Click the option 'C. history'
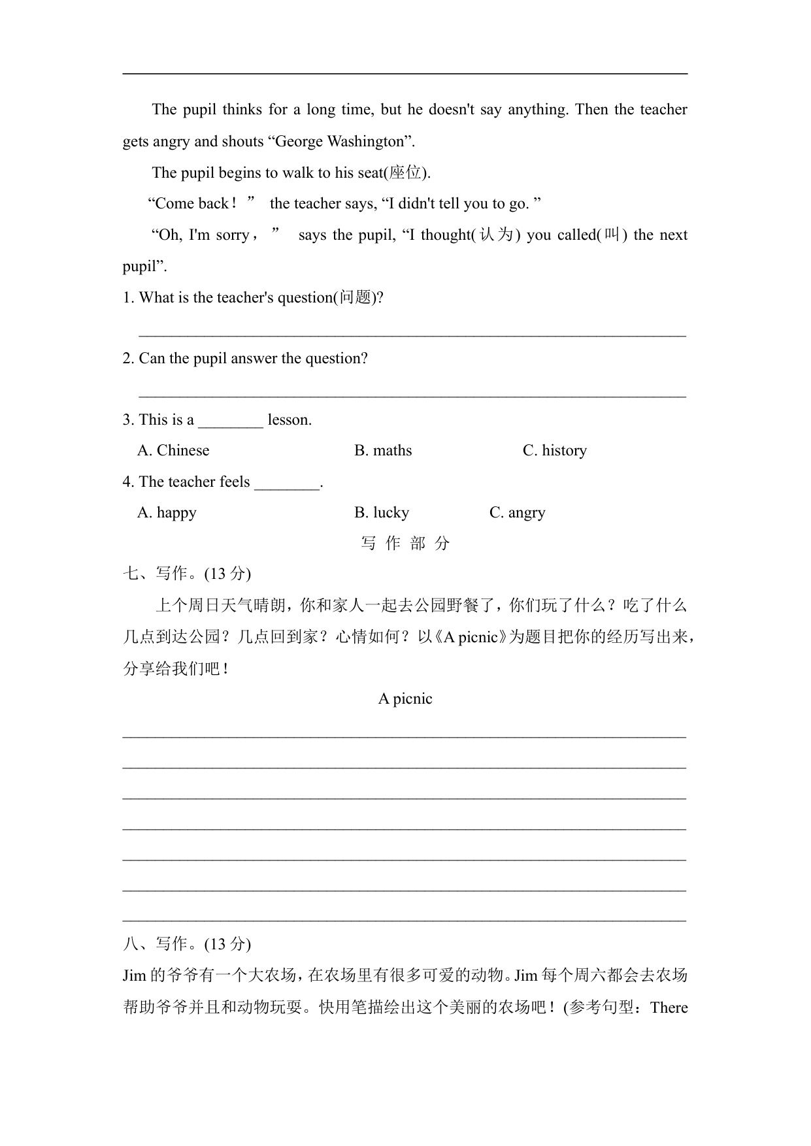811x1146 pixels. click(x=554, y=451)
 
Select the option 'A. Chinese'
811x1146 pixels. click(x=173, y=451)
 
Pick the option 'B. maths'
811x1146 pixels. click(x=383, y=451)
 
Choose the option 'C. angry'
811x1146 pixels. click(x=517, y=513)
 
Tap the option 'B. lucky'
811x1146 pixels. click(x=382, y=513)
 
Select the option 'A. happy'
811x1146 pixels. click(x=167, y=513)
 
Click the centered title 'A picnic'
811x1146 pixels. click(x=405, y=699)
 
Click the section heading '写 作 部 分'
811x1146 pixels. click(x=405, y=544)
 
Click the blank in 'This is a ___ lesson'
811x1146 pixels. click(x=230, y=421)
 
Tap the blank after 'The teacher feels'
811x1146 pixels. click(x=287, y=483)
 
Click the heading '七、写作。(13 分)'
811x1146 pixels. click(x=187, y=574)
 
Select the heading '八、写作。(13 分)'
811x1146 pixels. click(x=187, y=944)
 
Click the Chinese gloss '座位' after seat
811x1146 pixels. click(x=405, y=172)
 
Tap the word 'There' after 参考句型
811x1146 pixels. click(x=669, y=1007)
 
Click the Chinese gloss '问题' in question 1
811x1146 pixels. click(x=356, y=298)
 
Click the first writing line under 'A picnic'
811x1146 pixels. click(x=405, y=734)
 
